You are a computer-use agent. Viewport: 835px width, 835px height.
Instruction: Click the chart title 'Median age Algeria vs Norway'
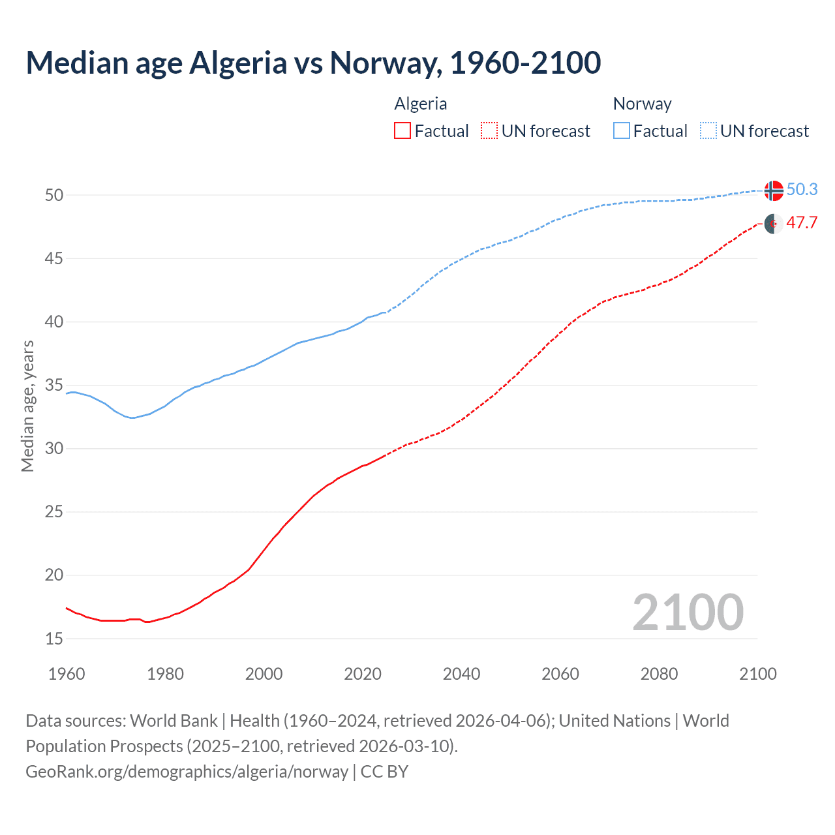pos(313,63)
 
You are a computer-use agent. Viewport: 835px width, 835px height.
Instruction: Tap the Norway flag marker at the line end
pos(773,190)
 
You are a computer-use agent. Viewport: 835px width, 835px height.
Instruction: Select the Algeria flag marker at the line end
pos(773,224)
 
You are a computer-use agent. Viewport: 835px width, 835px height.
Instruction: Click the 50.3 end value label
pos(802,189)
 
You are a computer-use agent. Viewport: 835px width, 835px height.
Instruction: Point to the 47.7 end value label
pos(802,223)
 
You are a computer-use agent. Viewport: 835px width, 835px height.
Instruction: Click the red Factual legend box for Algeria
pos(402,131)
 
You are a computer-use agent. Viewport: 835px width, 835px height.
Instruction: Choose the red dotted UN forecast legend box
pos(489,131)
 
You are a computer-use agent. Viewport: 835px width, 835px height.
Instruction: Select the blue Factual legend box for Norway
pos(622,131)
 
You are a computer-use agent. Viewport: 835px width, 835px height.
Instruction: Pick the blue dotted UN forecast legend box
pos(708,131)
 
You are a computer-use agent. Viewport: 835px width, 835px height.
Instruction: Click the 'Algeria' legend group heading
pos(421,104)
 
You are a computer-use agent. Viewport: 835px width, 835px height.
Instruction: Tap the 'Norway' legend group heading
pos(642,104)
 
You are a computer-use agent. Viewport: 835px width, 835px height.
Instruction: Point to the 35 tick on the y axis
pos(54,386)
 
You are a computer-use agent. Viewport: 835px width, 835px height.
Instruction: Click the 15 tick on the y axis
pos(54,639)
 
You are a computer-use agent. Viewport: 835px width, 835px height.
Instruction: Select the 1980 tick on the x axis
pos(165,674)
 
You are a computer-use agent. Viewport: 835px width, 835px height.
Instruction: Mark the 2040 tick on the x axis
pos(461,674)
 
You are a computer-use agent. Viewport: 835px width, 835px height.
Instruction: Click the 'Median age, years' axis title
pos(27,406)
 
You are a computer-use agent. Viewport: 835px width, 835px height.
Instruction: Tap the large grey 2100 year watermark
pos(688,613)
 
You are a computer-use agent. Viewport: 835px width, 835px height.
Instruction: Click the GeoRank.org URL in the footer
pos(187,772)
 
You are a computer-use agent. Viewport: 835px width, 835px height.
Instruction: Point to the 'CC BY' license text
pos(384,772)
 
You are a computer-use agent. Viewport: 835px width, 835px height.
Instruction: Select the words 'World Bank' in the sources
pos(174,721)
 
